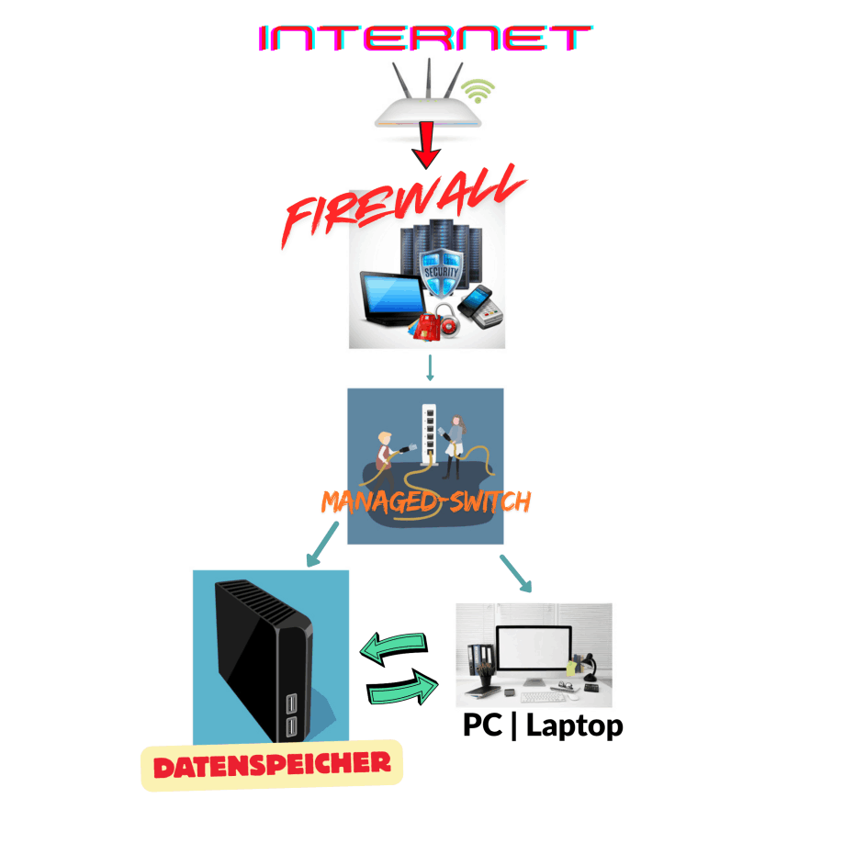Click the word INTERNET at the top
tap(425, 39)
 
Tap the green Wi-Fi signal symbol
tap(478, 89)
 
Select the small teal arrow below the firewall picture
tap(429, 368)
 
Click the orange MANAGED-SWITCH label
tap(426, 501)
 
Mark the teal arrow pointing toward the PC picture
tap(515, 573)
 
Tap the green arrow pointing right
tap(400, 688)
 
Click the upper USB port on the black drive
tap(292, 703)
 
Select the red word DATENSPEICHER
tap(272, 764)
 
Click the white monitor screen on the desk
tap(534, 651)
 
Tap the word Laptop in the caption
tap(575, 725)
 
